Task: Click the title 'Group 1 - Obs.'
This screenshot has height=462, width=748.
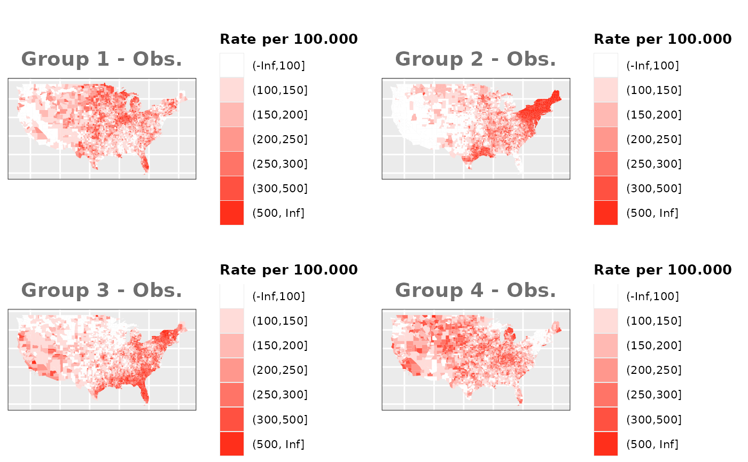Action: [x=102, y=59]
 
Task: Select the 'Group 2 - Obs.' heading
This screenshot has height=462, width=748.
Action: [x=476, y=59]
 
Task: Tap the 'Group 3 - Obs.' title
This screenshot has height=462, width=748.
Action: [x=102, y=291]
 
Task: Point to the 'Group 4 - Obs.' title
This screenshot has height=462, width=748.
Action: [x=476, y=291]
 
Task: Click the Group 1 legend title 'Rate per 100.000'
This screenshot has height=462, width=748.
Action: [x=289, y=39]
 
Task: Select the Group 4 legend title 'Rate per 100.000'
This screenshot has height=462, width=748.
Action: [x=663, y=270]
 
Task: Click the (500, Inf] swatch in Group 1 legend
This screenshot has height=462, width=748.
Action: [x=232, y=213]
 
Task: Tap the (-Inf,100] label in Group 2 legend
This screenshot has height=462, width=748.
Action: [x=652, y=66]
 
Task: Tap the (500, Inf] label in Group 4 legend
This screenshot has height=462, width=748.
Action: [x=652, y=444]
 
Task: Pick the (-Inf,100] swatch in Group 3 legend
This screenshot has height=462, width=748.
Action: [x=232, y=296]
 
